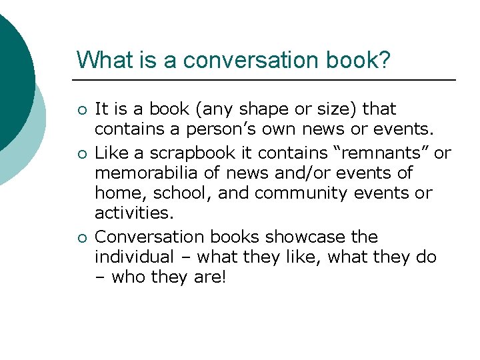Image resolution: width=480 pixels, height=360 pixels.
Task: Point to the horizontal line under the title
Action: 267,80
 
